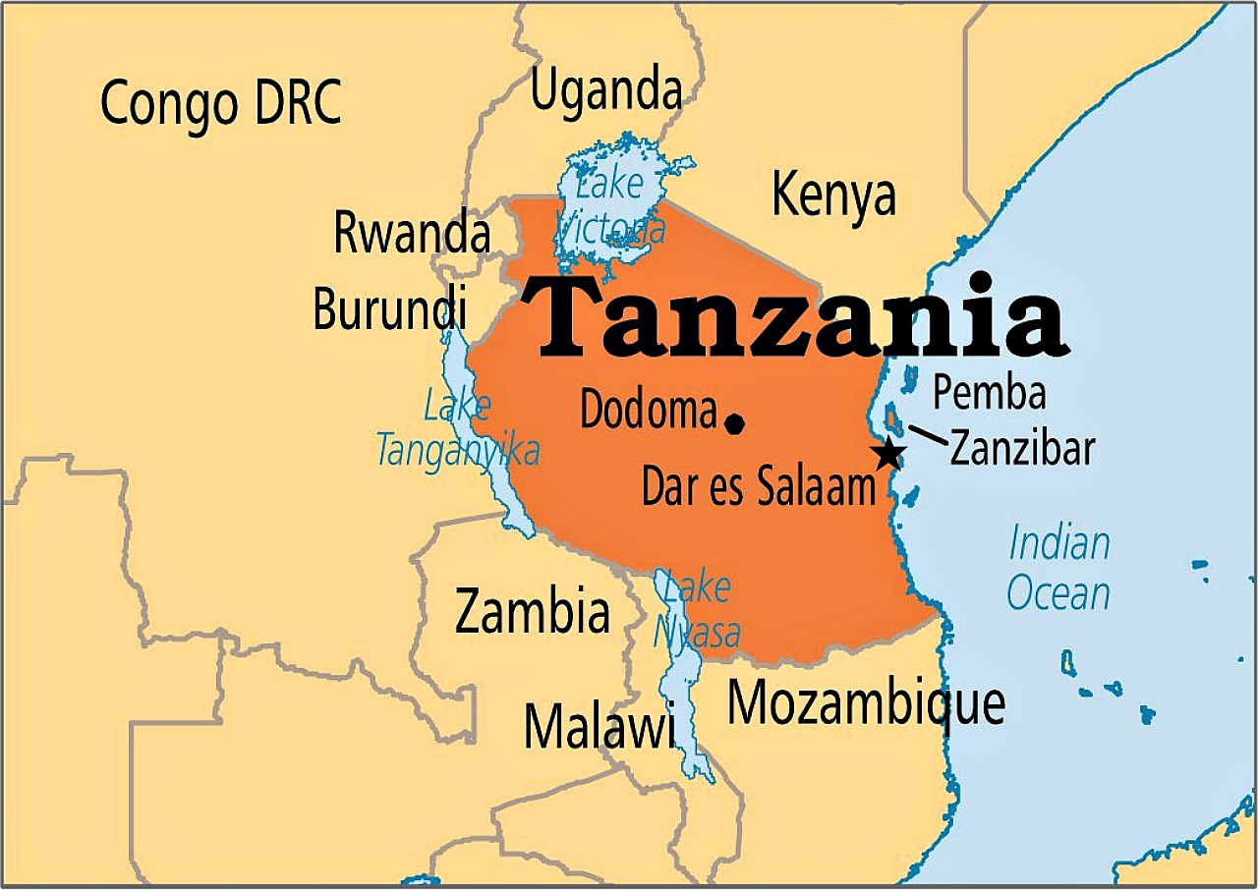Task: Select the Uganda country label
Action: tap(606, 91)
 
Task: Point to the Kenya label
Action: tap(833, 195)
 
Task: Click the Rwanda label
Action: tap(411, 234)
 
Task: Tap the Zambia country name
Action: tap(532, 611)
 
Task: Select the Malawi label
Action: tap(599, 728)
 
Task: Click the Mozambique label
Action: tap(866, 704)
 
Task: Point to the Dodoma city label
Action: tap(648, 410)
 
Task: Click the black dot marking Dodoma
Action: tap(734, 423)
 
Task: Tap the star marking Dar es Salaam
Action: tap(888, 454)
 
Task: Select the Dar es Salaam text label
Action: tap(758, 486)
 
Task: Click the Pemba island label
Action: tap(989, 393)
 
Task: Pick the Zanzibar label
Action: tap(1022, 448)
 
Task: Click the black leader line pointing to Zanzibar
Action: tap(927, 434)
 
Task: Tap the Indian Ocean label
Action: tap(1059, 569)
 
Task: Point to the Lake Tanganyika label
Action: tap(458, 429)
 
